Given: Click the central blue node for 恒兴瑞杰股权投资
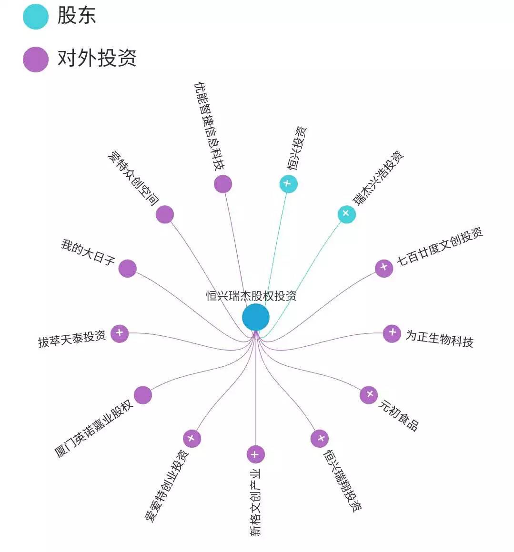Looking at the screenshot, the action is pyautogui.click(x=256, y=317).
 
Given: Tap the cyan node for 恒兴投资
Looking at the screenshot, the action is pyautogui.click(x=288, y=184).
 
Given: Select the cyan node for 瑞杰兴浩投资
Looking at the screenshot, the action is pyautogui.click(x=346, y=214).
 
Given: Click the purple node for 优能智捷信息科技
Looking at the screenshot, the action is pyautogui.click(x=222, y=184).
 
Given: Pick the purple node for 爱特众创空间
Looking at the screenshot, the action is pyautogui.click(x=165, y=214).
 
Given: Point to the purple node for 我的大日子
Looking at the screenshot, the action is pyautogui.click(x=127, y=269).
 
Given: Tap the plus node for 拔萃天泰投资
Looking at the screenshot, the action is pyautogui.click(x=120, y=333).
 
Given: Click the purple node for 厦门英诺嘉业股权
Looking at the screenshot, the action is pyautogui.click(x=142, y=395).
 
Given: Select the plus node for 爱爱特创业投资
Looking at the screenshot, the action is pyautogui.click(x=191, y=438).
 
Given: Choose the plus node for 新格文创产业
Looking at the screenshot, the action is pyautogui.click(x=255, y=454).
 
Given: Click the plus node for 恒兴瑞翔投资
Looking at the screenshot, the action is pyautogui.click(x=320, y=438).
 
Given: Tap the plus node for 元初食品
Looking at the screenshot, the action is pyautogui.click(x=368, y=395).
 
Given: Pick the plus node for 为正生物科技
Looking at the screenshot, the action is pyautogui.click(x=392, y=333).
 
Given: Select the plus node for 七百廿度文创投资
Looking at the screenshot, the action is pyautogui.click(x=383, y=268).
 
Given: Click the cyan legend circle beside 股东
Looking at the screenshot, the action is pyautogui.click(x=36, y=17).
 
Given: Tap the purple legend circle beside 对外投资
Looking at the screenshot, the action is pyautogui.click(x=36, y=60).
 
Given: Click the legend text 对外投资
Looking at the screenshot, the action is pyautogui.click(x=97, y=59).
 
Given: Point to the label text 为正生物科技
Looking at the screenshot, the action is pyautogui.click(x=439, y=338).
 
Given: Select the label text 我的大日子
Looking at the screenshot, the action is pyautogui.click(x=88, y=252).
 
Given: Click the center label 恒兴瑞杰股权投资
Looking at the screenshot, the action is pyautogui.click(x=251, y=296).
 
